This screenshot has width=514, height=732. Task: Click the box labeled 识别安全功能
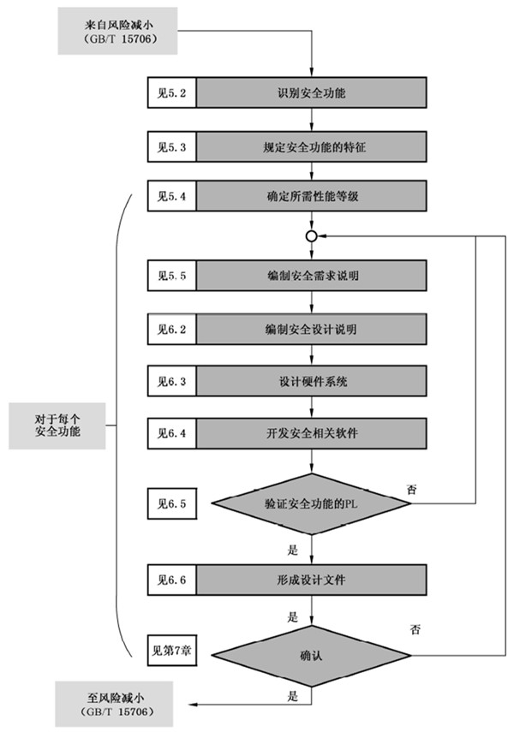[x=312, y=92]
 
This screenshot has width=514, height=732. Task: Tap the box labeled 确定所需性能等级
[x=312, y=196]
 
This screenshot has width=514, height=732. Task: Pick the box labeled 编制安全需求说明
[x=312, y=276]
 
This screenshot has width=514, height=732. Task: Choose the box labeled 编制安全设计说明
[x=312, y=328]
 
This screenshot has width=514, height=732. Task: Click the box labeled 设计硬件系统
[x=312, y=379]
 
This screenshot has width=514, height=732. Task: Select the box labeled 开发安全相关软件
[x=312, y=432]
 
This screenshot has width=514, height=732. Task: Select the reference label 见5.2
[x=172, y=92]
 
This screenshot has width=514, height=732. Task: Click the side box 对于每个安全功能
[x=57, y=426]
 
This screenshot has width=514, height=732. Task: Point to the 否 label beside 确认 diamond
[x=414, y=630]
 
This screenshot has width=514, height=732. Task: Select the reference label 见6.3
[x=172, y=379]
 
